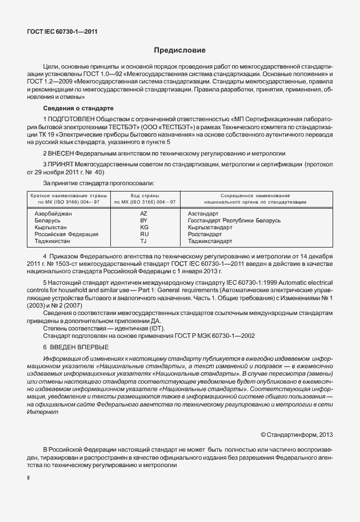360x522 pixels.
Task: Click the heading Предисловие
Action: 179,50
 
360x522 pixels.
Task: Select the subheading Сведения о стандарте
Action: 78,108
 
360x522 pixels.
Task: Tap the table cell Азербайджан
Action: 53,213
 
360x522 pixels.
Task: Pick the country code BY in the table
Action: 144,220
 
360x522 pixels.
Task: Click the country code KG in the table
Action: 144,227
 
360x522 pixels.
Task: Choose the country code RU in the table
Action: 144,234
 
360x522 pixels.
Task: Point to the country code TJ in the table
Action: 144,241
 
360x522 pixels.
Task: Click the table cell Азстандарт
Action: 203,213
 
